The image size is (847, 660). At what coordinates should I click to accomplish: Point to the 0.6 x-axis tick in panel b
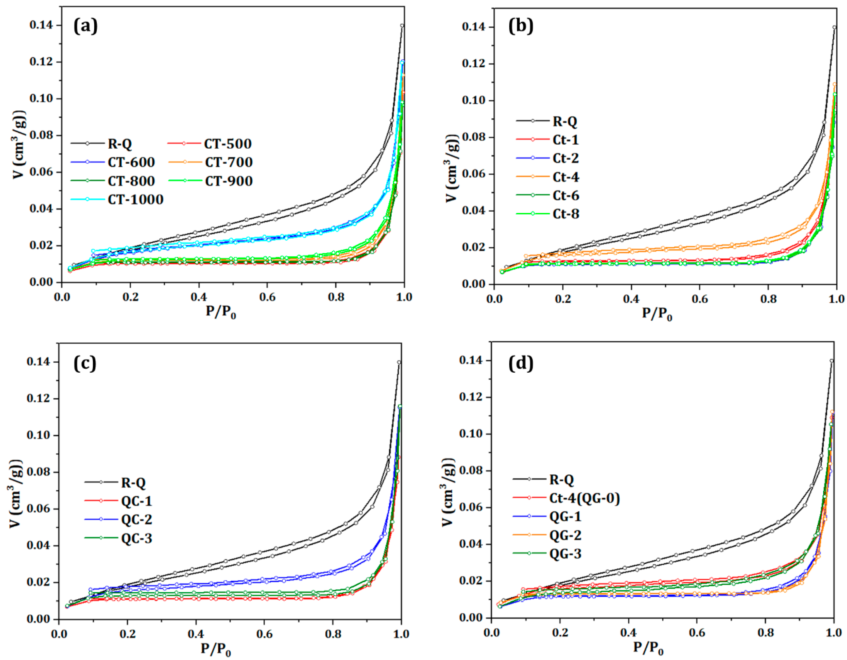coord(699,299)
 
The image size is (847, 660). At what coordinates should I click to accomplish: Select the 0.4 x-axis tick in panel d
coord(628,632)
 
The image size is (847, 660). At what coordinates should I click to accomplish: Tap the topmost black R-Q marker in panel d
coord(831,361)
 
